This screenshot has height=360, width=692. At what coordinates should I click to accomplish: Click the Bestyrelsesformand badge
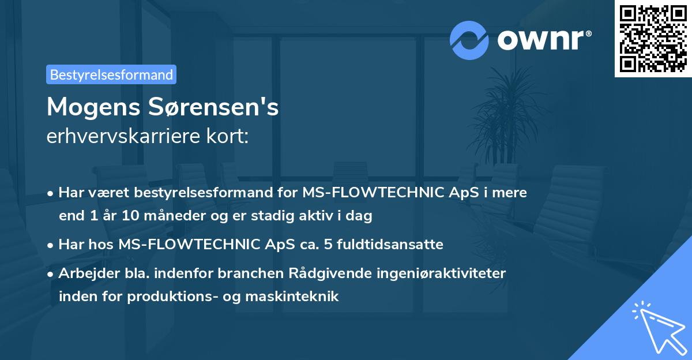[111, 74]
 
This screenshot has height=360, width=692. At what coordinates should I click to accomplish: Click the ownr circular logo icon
[469, 40]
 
